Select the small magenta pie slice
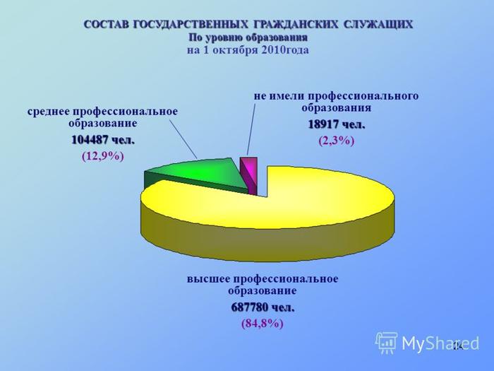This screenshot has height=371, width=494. click(x=249, y=175)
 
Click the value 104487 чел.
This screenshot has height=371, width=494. click(x=103, y=140)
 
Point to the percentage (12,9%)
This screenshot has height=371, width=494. click(x=103, y=156)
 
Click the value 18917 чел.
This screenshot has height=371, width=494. click(x=337, y=124)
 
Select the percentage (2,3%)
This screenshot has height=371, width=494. click(x=337, y=141)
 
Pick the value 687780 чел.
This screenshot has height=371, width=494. click(x=263, y=307)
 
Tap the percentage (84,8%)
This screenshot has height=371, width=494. click(x=263, y=324)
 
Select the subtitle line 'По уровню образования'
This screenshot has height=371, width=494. click(x=248, y=37)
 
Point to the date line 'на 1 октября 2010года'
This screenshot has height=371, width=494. click(x=248, y=50)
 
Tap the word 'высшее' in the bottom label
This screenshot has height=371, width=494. click(x=208, y=279)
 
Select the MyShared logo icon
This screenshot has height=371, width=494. click(x=386, y=342)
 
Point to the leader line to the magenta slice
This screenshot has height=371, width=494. click(x=251, y=129)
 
